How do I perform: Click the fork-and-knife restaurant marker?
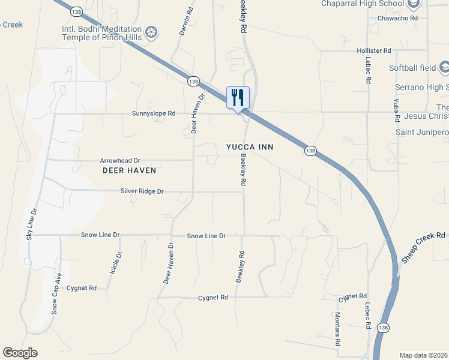tap(238, 97)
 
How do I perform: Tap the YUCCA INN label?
tap(250, 146)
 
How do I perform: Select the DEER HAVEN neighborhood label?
tap(129, 170)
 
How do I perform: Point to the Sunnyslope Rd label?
tap(154, 113)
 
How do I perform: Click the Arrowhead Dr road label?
tap(119, 161)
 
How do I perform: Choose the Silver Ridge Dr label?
tap(142, 191)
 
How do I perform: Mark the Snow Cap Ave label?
tap(56, 294)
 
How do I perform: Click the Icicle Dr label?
tap(115, 263)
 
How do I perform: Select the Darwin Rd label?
tap(187, 21)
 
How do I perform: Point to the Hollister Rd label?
tap(373, 51)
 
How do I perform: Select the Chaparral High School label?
tap(362, 4)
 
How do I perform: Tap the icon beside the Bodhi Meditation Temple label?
tap(152, 32)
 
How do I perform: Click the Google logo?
tap(20, 353)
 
